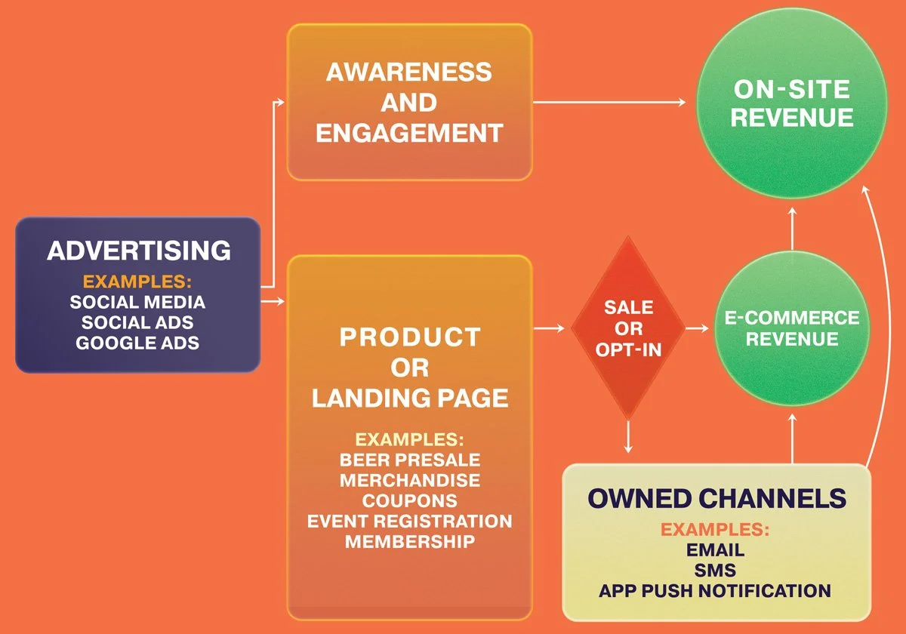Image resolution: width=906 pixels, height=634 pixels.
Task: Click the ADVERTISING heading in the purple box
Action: tap(138, 251)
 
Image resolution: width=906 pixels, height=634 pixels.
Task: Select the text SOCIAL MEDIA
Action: tap(137, 302)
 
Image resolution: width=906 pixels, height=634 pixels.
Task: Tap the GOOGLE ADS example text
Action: tap(137, 342)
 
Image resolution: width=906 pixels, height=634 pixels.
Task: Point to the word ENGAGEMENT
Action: tap(409, 134)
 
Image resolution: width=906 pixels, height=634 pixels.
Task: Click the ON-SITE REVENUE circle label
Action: tap(792, 103)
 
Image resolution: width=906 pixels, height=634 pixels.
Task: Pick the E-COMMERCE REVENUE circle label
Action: tap(792, 328)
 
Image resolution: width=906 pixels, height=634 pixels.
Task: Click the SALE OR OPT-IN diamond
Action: tap(628, 328)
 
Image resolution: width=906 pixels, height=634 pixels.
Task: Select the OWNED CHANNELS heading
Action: tap(716, 499)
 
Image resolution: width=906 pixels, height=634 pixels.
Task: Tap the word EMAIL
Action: tap(715, 550)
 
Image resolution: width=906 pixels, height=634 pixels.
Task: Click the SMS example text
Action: tap(715, 570)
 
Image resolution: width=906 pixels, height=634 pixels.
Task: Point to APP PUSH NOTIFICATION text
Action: tap(715, 590)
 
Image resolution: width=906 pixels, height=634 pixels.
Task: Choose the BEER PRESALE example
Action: tap(409, 460)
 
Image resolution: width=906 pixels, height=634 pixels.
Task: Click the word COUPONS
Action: tap(409, 500)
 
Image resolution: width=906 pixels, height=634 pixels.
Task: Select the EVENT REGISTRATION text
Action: tap(409, 521)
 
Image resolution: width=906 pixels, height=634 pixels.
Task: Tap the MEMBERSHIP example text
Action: tap(409, 541)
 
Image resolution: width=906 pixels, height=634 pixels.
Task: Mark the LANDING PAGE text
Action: tap(409, 398)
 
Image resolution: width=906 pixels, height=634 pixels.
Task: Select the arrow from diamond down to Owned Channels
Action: tap(628, 438)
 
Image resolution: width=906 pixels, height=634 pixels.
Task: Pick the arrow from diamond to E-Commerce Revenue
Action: tap(698, 328)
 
